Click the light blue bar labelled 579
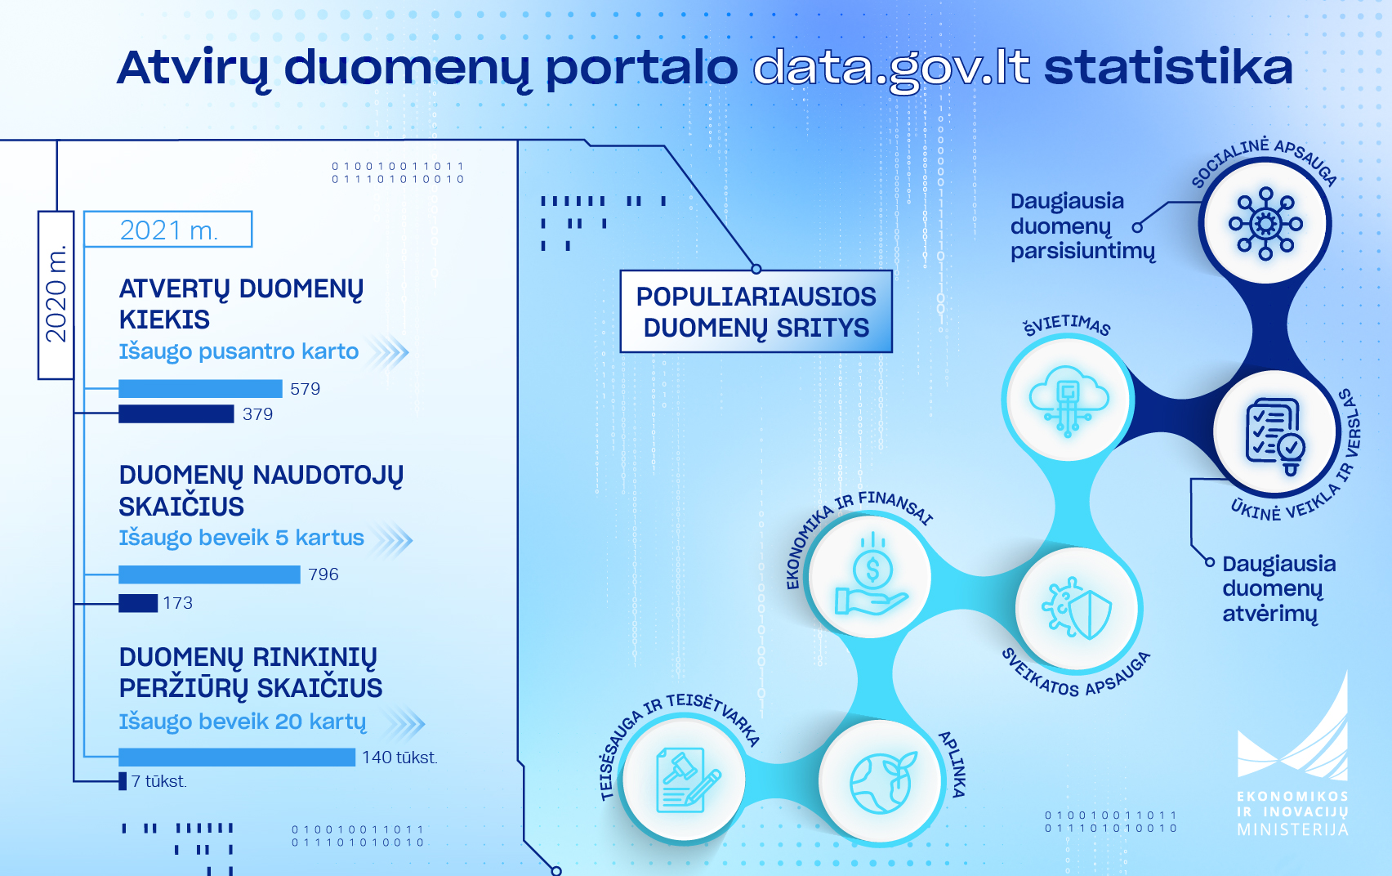(200, 389)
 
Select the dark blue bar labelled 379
(176, 414)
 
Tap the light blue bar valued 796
(209, 574)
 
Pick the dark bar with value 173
(138, 603)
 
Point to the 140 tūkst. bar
(237, 758)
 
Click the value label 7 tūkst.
(159, 781)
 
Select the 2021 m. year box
(167, 230)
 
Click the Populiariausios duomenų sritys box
(756, 311)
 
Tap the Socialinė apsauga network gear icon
(1265, 223)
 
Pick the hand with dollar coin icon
(872, 575)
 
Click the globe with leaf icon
(882, 783)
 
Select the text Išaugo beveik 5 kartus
(241, 538)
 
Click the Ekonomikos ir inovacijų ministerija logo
(1292, 754)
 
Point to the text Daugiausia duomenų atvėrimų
(1279, 588)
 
